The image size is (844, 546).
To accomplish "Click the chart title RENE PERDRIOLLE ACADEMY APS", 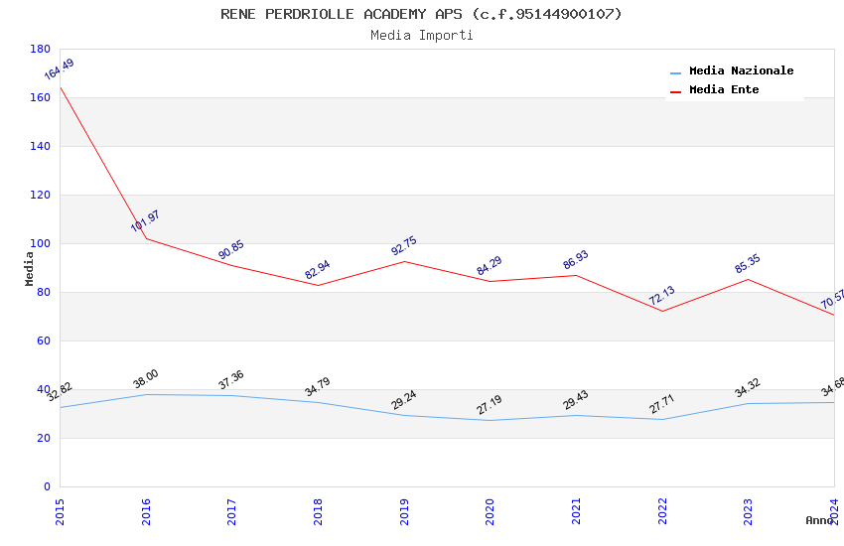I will [x=421, y=14].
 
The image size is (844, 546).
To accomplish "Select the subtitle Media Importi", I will [x=421, y=35].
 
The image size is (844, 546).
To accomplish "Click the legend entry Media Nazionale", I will [x=741, y=71].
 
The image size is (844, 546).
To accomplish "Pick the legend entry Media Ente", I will [x=724, y=90].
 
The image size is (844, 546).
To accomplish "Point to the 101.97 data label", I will [x=145, y=221].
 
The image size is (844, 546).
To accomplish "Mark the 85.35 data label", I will [x=747, y=263].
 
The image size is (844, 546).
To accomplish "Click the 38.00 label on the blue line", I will [x=145, y=378].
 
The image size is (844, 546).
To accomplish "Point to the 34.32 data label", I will [x=747, y=387].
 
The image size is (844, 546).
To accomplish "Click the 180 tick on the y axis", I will [x=40, y=49].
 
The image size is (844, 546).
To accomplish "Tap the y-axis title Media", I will [x=30, y=268].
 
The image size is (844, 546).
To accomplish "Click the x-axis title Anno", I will [x=819, y=520].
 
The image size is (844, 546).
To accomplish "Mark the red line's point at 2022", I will [x=662, y=311].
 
